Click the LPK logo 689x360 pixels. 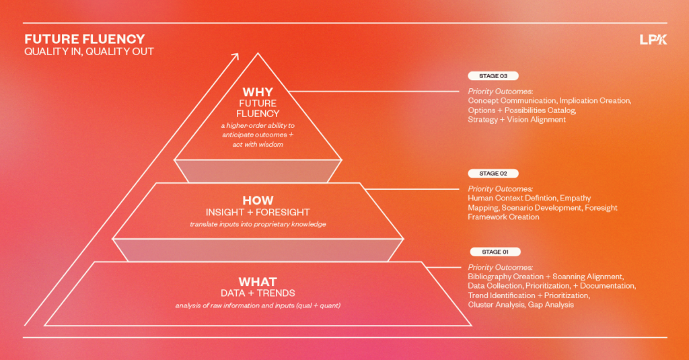(x=653, y=40)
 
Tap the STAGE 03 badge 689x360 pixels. (x=493, y=76)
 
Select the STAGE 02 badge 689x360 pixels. (x=493, y=174)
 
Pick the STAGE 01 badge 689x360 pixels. (x=495, y=252)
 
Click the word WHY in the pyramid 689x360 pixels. (x=258, y=92)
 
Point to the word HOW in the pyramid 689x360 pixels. (x=258, y=201)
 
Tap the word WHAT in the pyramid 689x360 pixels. (x=258, y=282)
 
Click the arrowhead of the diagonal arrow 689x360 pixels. (x=235, y=57)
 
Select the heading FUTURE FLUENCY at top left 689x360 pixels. (x=85, y=39)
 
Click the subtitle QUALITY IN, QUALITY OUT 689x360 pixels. (x=89, y=52)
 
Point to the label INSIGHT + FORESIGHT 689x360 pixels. (x=258, y=213)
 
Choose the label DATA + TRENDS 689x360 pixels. (x=258, y=293)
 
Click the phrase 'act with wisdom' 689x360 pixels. (x=258, y=145)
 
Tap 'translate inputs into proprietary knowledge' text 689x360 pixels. (x=258, y=224)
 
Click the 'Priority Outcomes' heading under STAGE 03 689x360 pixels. (x=501, y=92)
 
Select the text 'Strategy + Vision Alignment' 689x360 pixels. (x=517, y=120)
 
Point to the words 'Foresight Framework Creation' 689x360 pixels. (x=503, y=217)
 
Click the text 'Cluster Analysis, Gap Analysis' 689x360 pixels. (x=521, y=305)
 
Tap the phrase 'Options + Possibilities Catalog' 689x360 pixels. (x=521, y=110)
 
